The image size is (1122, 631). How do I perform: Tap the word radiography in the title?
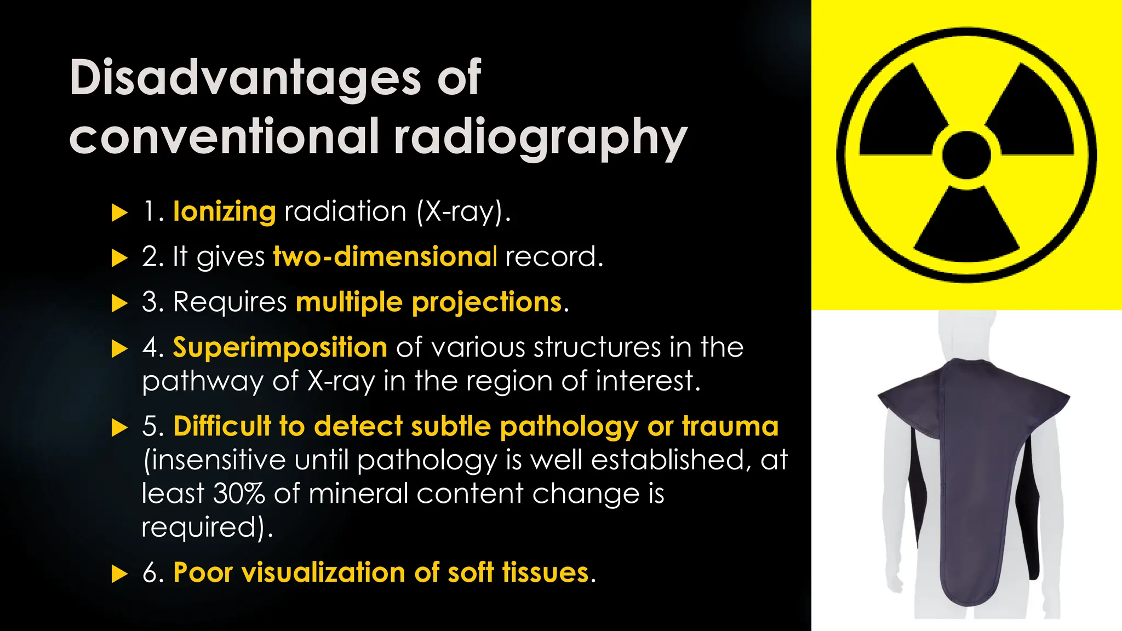(x=540, y=137)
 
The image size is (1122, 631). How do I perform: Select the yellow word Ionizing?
(x=225, y=211)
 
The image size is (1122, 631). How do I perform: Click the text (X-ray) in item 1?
(x=463, y=211)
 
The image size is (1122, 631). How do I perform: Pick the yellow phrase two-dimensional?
(x=385, y=256)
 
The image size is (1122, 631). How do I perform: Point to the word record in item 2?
(x=553, y=256)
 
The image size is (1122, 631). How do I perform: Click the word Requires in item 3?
(x=230, y=302)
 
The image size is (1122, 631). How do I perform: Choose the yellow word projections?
(x=487, y=302)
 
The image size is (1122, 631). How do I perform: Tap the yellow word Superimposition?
(x=280, y=347)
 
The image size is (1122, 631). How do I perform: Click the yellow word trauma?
(x=730, y=426)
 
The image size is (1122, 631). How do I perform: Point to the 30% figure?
(x=239, y=494)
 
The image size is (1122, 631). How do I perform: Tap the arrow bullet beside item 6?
(x=119, y=574)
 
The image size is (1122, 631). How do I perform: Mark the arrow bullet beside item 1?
(x=119, y=213)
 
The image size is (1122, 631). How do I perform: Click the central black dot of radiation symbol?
(x=966, y=155)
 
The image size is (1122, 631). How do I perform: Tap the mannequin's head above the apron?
(x=966, y=334)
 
